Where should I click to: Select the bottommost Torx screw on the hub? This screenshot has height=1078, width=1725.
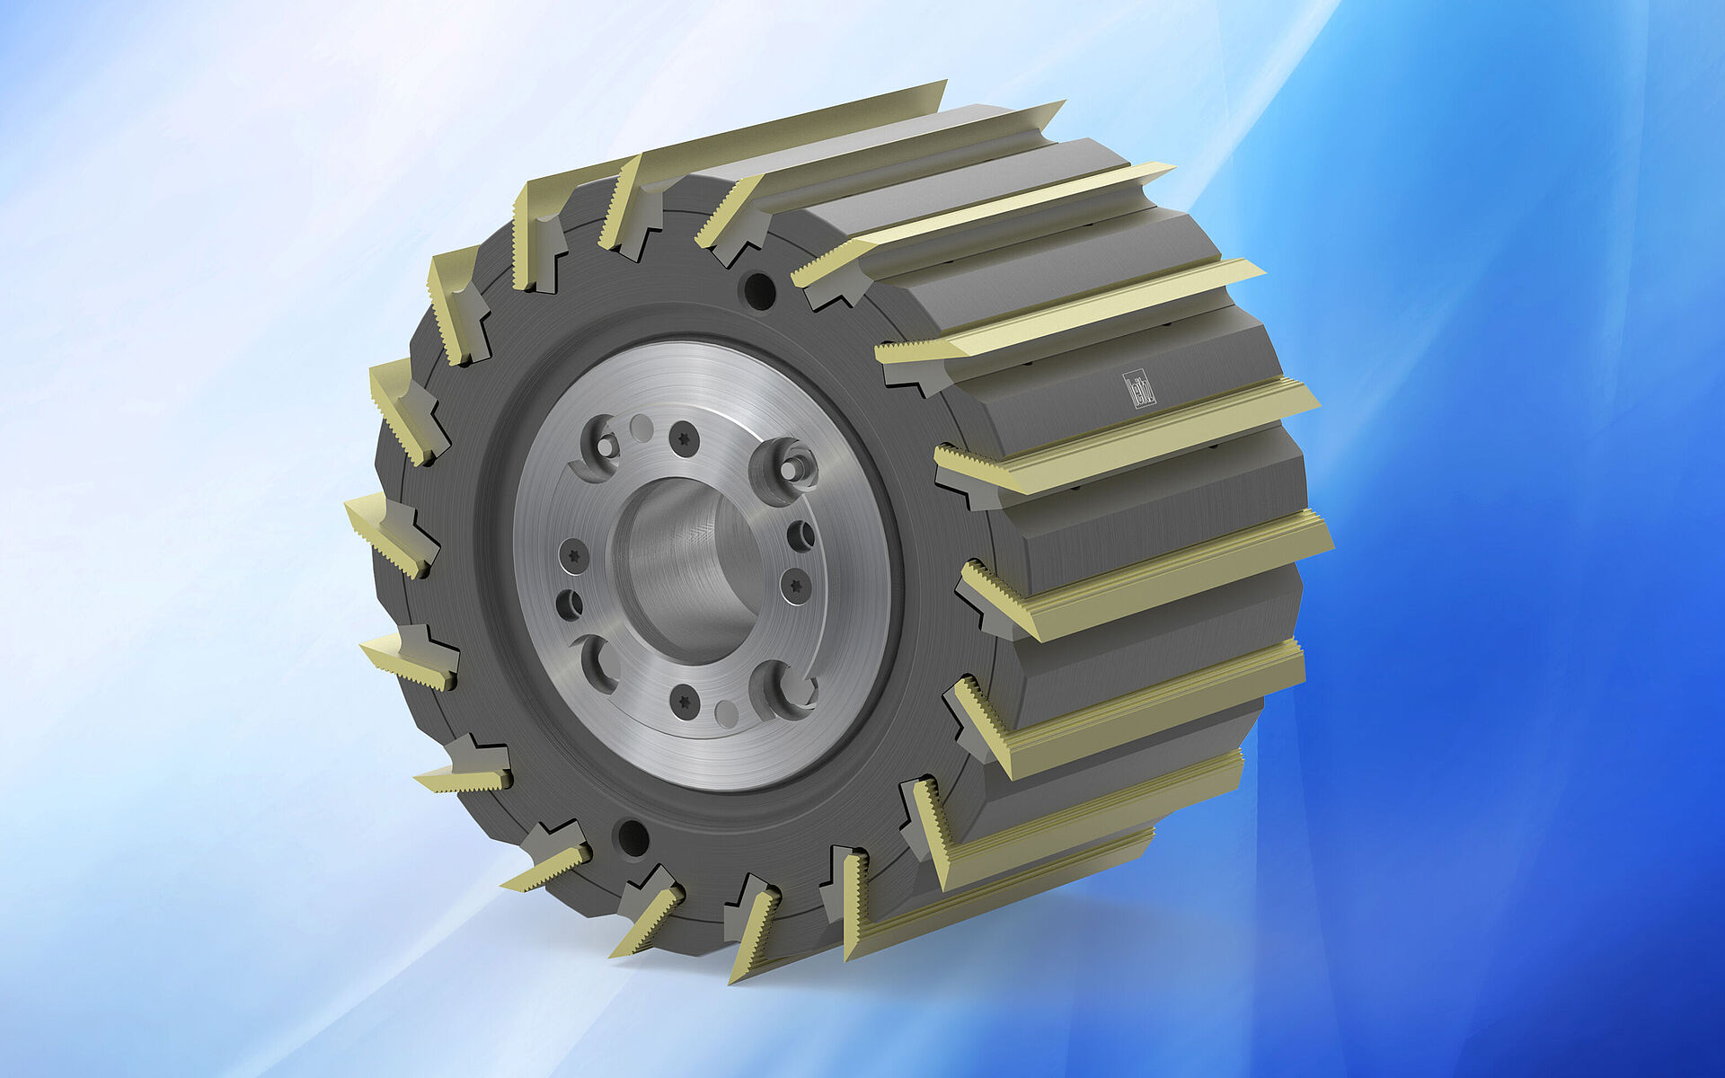[685, 702]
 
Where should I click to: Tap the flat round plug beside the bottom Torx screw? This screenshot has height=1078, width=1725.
[726, 714]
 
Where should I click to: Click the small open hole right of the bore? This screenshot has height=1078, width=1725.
[801, 535]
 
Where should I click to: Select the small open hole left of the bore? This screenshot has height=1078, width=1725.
[570, 605]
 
